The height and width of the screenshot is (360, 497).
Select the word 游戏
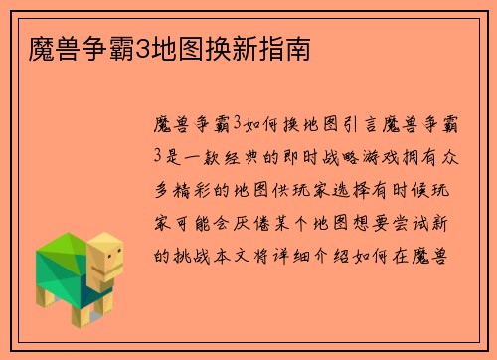(x=407, y=156)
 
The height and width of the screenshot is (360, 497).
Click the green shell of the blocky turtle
(x=64, y=260)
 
